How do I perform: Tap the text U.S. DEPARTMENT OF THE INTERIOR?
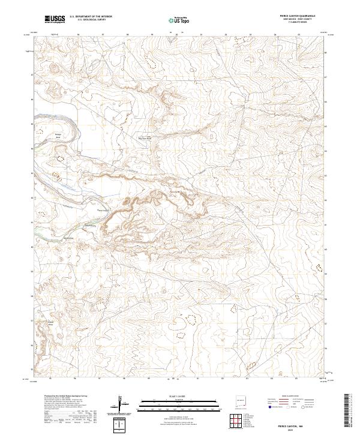(91, 17)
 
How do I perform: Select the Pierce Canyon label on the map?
(104, 211)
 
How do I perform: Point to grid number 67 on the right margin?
(326, 77)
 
